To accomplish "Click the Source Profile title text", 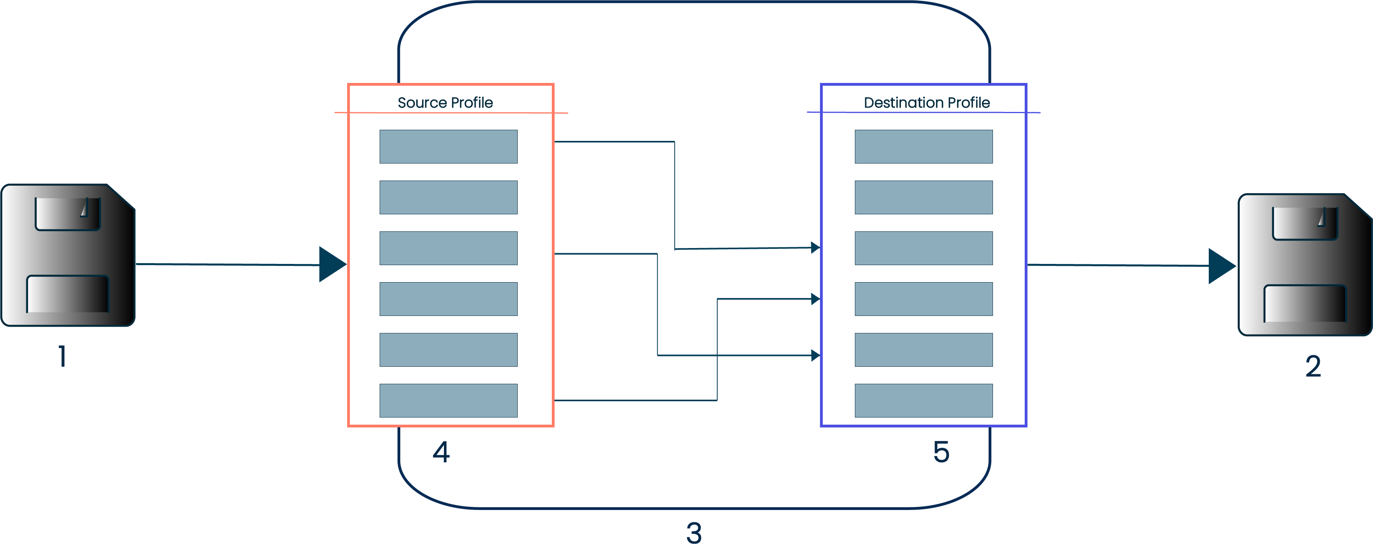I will [445, 102].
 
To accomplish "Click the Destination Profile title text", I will [926, 102].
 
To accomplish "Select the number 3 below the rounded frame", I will [693, 533].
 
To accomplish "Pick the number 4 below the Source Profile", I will [441, 452].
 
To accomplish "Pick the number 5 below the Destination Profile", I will [941, 452].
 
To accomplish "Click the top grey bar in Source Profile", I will [448, 147].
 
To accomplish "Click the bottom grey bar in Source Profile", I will [448, 400].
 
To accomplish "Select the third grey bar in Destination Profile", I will [923, 248].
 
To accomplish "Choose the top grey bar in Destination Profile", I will [923, 147].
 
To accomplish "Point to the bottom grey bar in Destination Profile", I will [923, 400].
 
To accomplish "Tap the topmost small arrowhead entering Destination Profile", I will [815, 248].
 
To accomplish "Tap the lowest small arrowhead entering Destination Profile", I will [815, 355].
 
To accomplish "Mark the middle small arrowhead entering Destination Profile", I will [815, 299].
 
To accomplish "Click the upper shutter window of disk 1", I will [68, 214].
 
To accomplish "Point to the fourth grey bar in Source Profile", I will [448, 299].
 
